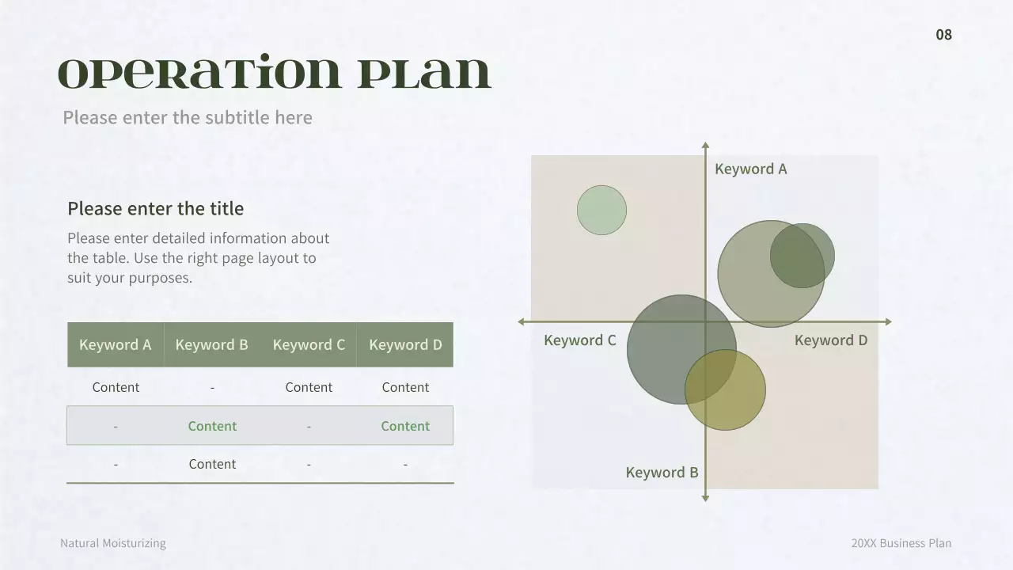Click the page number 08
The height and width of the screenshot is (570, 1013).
coord(943,34)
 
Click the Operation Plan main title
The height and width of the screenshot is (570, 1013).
coord(275,74)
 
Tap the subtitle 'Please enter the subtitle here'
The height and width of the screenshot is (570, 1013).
coord(188,117)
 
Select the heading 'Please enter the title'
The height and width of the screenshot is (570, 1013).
coord(155,208)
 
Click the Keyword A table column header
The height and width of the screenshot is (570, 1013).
coord(116,344)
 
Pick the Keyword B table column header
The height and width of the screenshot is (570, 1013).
coord(211,344)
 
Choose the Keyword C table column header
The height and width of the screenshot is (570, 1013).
coord(309,344)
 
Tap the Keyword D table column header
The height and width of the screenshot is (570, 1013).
coord(405,344)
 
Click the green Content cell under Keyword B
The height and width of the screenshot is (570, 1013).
coord(212,426)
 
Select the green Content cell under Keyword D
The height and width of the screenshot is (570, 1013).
coord(405,426)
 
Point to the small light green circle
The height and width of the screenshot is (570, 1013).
coord(601,210)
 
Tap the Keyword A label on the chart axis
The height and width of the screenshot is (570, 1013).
coord(750,169)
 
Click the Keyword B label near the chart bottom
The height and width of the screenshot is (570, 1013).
coord(662,473)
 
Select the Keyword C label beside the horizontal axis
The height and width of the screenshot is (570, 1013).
coord(579,340)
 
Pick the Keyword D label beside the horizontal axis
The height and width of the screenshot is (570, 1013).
coord(830,340)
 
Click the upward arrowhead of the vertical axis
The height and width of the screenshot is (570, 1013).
coord(705,146)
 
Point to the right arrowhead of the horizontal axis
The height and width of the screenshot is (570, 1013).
coord(887,321)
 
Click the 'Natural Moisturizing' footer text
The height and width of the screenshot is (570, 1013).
coord(113,543)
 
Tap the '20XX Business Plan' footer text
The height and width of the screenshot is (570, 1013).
coord(901,543)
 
